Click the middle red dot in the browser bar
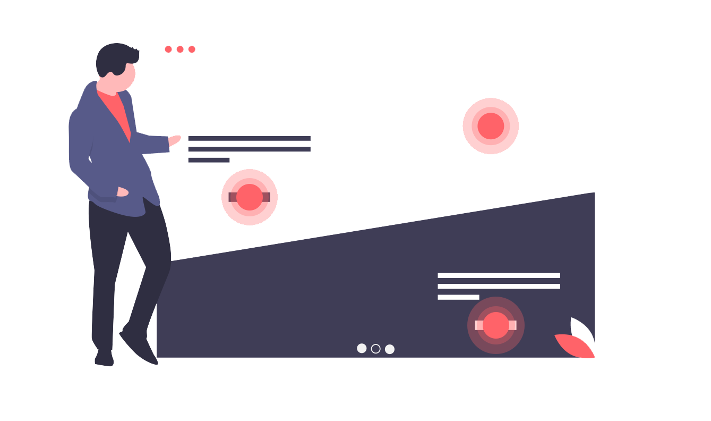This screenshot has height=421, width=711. [180, 49]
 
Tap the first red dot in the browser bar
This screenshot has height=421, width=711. [168, 49]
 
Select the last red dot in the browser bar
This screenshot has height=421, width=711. [192, 49]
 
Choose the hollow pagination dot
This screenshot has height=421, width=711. [376, 349]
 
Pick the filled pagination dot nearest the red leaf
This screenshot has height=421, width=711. [390, 349]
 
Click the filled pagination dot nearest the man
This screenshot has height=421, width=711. [362, 348]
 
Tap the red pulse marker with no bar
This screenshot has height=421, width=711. [491, 126]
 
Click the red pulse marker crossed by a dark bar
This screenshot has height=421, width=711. [250, 197]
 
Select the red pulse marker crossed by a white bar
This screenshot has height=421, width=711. [496, 325]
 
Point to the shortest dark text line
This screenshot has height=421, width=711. [209, 160]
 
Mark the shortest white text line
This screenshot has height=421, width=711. [458, 297]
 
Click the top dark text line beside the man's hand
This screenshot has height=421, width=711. [249, 138]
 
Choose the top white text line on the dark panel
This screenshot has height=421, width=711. [499, 275]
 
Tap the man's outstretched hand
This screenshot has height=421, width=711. [175, 140]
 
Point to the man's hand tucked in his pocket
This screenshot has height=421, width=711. [122, 192]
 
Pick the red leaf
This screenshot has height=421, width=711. [575, 346]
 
